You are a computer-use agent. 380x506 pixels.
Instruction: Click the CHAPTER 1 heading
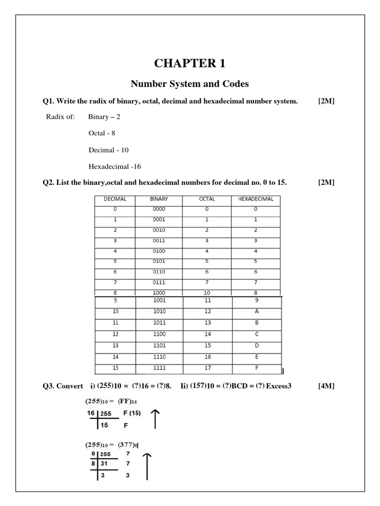[x=190, y=64]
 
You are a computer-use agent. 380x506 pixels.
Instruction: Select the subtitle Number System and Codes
[x=190, y=84]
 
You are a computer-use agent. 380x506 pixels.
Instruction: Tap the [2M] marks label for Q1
[x=327, y=101]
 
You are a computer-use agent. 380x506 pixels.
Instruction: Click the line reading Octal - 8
[x=102, y=133]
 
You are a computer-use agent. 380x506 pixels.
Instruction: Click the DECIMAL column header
[x=115, y=199]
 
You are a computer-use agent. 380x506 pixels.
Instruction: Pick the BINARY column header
[x=159, y=199]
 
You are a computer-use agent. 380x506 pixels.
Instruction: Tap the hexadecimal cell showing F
[x=256, y=368]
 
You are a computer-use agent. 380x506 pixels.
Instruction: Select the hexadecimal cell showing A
[x=256, y=312]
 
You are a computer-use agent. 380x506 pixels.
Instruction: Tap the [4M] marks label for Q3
[x=327, y=386]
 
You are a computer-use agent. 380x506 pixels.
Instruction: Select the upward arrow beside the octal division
[x=147, y=466]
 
